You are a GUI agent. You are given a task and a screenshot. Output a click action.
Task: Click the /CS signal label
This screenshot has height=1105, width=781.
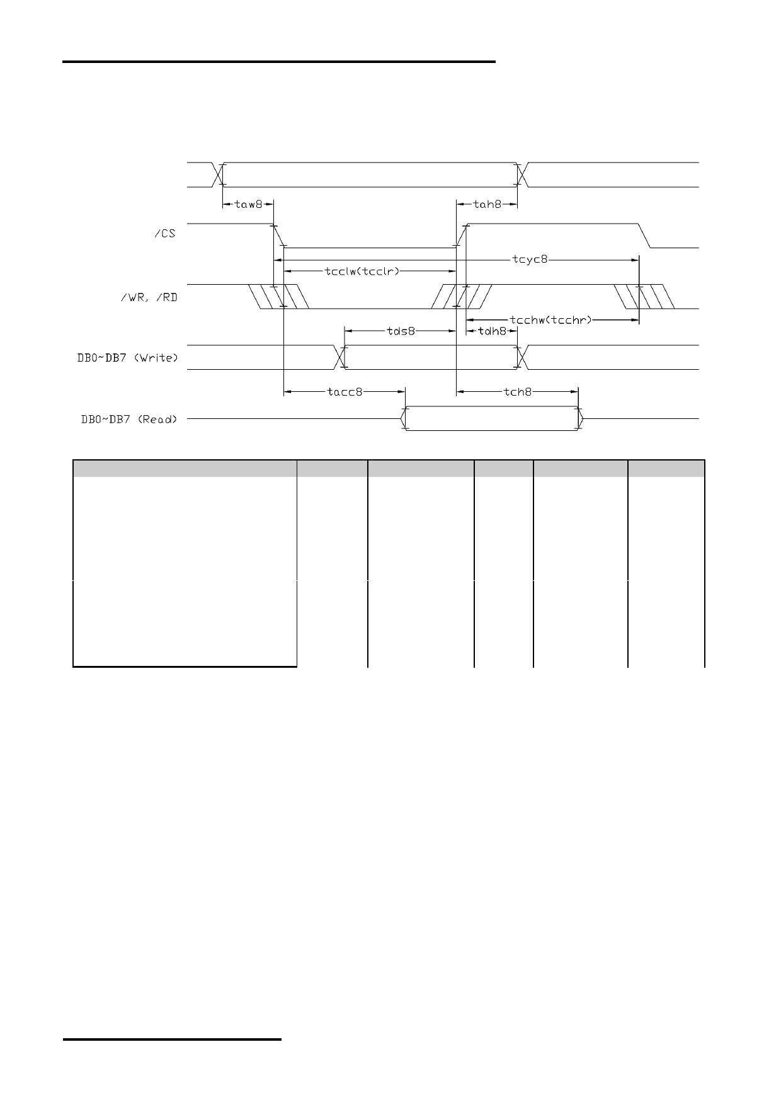tap(164, 234)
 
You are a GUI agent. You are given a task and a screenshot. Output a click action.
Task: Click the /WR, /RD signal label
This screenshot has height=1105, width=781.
tap(149, 297)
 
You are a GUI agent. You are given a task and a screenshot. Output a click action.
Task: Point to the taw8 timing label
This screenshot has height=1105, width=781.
tap(248, 204)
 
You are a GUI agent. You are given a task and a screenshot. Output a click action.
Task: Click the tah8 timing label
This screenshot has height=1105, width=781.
tap(487, 204)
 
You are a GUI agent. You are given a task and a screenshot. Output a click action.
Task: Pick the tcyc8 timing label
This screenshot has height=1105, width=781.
tap(530, 260)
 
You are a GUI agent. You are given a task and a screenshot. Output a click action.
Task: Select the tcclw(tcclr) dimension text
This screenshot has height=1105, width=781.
tap(362, 272)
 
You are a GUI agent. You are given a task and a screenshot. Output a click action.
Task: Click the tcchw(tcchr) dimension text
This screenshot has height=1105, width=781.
tap(551, 320)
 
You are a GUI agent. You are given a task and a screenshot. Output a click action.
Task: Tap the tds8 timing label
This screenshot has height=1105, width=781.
tap(401, 331)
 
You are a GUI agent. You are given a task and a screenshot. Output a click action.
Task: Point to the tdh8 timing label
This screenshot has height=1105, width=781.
tap(493, 331)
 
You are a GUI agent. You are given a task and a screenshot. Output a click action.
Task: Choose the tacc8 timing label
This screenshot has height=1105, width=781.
tap(345, 392)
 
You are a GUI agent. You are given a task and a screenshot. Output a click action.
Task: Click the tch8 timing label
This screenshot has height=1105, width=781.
tap(518, 392)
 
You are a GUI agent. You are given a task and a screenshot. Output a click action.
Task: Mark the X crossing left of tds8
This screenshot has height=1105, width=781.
tap(341, 357)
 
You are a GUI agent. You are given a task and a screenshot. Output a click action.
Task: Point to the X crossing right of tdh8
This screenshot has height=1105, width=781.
tap(522, 357)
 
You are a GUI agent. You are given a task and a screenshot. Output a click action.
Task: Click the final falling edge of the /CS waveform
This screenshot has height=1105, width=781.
tap(644, 236)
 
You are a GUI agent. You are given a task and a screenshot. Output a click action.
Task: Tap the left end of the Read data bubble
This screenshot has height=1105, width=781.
tap(401, 418)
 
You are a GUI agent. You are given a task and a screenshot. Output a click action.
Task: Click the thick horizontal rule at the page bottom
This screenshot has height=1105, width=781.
tap(172, 1039)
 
